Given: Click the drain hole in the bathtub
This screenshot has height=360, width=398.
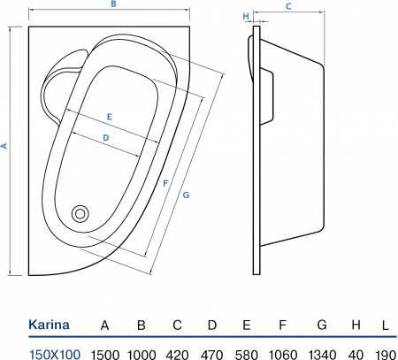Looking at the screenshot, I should coord(80,213).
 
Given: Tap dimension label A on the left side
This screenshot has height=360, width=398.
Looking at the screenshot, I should coord(5,146).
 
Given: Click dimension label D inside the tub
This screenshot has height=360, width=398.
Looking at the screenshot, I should coord(105,138).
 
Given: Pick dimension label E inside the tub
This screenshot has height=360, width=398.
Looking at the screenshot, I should coord(109,117).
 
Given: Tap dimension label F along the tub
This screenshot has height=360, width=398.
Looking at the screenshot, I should coord(165,183).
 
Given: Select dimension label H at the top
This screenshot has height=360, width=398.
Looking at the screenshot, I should coord(245,16).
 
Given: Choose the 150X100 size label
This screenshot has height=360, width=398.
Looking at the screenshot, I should coord(55,353).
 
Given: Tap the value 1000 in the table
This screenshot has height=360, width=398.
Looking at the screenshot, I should coord(142,353).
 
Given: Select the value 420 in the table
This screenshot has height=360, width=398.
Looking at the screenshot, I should coord(177,353).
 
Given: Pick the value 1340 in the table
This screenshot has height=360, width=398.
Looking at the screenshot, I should coord(321,353).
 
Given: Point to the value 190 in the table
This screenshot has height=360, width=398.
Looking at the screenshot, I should coord(385,353).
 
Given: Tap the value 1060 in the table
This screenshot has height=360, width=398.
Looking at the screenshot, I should coord(282,353).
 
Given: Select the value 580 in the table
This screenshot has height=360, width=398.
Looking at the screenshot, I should coord(247,353).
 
